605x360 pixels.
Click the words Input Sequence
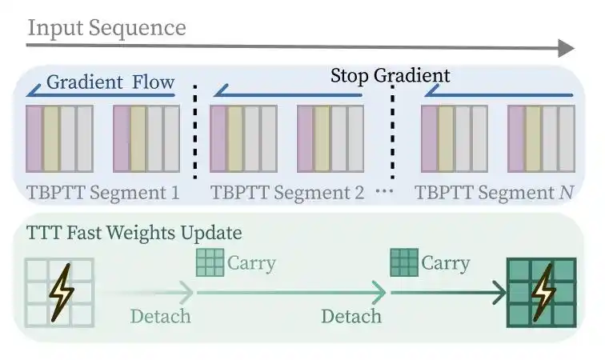[107, 28]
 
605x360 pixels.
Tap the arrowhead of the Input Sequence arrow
[567, 48]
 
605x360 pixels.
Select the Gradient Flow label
[110, 82]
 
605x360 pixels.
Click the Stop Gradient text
[390, 75]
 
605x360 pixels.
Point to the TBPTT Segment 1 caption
[103, 193]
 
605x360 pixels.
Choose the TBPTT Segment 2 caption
[287, 193]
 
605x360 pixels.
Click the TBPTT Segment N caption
[495, 193]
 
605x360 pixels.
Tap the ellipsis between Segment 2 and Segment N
[385, 191]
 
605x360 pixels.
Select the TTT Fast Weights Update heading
[134, 233]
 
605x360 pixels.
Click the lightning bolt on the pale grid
[62, 293]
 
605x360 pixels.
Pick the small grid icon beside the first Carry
[210, 262]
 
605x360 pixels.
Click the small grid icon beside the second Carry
[404, 262]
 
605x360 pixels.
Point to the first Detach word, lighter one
[161, 316]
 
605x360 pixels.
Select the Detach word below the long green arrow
[351, 316]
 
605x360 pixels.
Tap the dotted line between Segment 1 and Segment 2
[195, 131]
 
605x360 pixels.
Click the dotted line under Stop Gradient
[392, 131]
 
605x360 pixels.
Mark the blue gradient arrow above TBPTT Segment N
[499, 92]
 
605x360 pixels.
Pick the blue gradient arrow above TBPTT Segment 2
[288, 92]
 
